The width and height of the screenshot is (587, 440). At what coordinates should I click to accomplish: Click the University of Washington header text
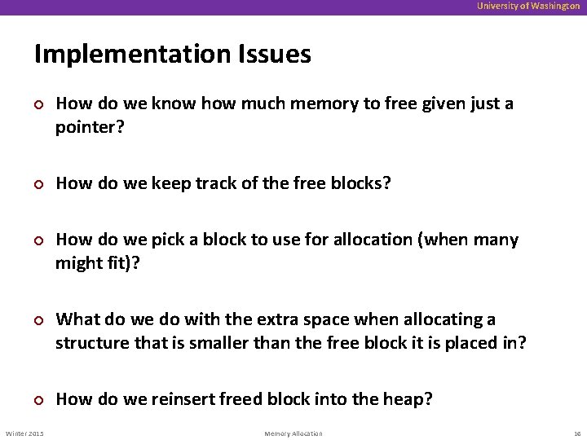click(x=529, y=6)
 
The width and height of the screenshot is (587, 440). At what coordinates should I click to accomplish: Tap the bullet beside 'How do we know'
click(x=38, y=105)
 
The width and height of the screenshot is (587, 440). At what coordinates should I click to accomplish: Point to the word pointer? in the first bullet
click(x=90, y=128)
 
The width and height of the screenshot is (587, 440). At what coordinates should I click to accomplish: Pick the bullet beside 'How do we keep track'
click(x=38, y=185)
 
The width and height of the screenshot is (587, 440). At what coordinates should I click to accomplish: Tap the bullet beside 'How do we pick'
click(x=38, y=241)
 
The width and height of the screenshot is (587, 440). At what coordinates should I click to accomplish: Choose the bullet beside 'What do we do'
click(x=38, y=320)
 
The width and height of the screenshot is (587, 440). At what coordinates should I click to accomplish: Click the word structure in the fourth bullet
click(x=91, y=343)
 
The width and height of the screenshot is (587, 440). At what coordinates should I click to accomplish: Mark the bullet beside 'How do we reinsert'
click(x=38, y=400)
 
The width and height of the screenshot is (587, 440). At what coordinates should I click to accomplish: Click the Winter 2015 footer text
click(x=25, y=433)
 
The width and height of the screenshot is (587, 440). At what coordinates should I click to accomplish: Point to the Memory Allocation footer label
click(x=293, y=433)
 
